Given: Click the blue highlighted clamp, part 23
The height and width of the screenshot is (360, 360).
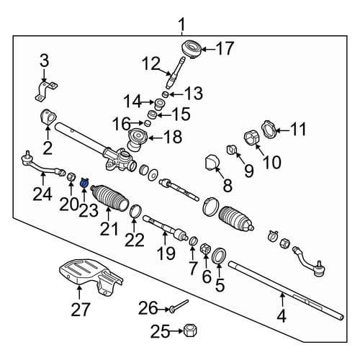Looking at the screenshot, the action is click(x=84, y=183).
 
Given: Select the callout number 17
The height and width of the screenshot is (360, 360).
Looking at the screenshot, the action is click(x=225, y=49).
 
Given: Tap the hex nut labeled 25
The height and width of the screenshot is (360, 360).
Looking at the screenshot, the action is click(x=190, y=331).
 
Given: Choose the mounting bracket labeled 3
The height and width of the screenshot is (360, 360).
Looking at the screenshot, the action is click(x=46, y=91).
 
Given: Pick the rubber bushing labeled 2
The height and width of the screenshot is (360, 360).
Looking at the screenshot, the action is click(x=48, y=117).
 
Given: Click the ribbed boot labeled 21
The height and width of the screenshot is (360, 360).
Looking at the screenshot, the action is click(x=109, y=197).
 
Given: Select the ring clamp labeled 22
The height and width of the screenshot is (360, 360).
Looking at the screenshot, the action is click(x=135, y=212).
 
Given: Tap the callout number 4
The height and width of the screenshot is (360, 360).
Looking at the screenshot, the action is click(x=282, y=316).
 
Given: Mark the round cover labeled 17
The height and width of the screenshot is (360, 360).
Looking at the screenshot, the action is click(x=192, y=49).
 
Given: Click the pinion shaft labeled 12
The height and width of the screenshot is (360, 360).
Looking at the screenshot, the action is click(x=176, y=72).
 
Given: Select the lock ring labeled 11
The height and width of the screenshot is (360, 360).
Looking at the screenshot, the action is click(x=269, y=130).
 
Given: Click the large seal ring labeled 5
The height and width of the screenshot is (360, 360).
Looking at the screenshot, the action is click(x=220, y=256).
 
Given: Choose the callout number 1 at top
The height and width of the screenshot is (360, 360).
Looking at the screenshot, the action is click(x=182, y=25).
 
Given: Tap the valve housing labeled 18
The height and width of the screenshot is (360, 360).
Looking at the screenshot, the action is click(x=138, y=139).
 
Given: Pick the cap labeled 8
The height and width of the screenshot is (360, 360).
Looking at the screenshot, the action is click(x=211, y=162).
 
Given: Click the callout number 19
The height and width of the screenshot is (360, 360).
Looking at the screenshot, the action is click(x=165, y=253).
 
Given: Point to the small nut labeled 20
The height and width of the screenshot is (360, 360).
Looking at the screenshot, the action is click(x=71, y=177).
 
